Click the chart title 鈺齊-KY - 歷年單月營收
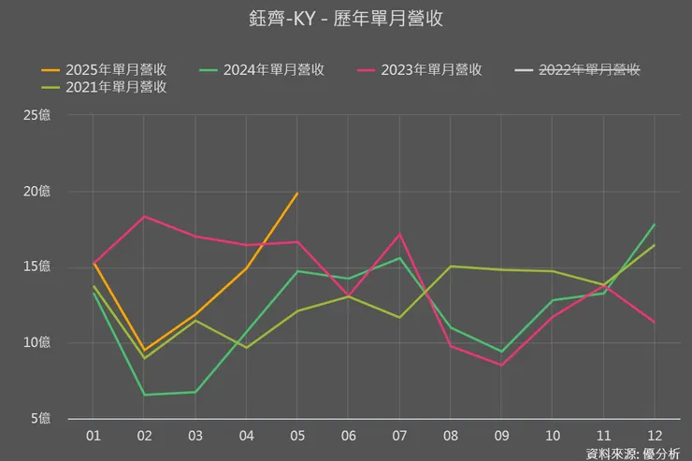[x=345, y=19]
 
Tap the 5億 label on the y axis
[x=41, y=417]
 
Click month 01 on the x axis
[x=94, y=436]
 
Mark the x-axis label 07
[x=398, y=436]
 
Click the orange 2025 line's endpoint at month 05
[x=297, y=194]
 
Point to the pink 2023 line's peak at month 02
[x=144, y=216]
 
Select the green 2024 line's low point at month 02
[x=144, y=395]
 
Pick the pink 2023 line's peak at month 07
[x=399, y=234]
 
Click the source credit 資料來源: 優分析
[x=632, y=454]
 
